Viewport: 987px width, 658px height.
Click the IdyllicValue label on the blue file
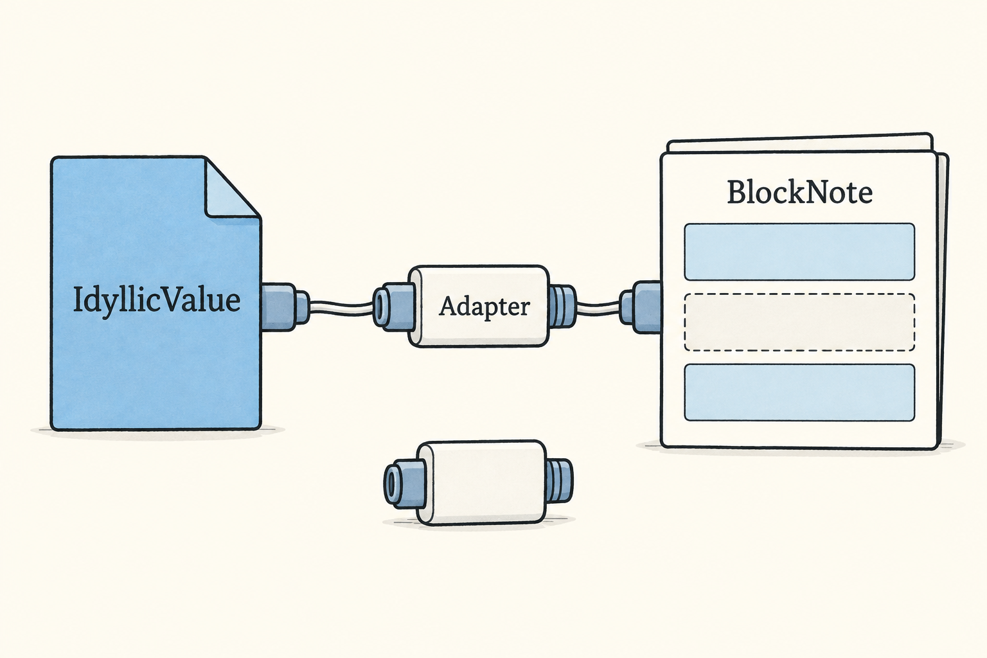(x=156, y=301)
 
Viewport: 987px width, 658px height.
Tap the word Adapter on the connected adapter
(x=485, y=307)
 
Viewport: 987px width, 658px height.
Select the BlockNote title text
(x=799, y=192)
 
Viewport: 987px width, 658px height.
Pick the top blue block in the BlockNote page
(x=799, y=252)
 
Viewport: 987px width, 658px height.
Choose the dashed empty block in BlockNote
(x=799, y=322)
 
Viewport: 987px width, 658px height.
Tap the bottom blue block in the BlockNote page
(x=799, y=392)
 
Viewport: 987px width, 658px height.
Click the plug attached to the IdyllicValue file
(x=284, y=307)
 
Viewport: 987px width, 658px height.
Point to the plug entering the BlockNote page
(x=640, y=307)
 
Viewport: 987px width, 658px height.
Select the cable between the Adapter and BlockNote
(x=598, y=307)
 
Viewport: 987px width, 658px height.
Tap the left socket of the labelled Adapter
(x=392, y=307)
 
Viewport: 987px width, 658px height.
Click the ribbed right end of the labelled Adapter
(x=562, y=307)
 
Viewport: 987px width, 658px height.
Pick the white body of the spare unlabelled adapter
(x=481, y=483)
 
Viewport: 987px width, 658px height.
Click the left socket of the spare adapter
(x=403, y=482)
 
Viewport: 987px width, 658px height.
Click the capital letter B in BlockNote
(x=737, y=193)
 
